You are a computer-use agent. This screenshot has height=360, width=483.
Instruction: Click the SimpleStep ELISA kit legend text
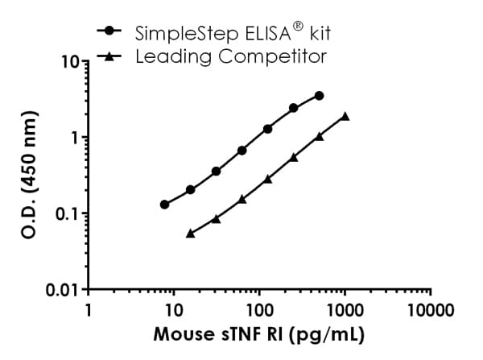pos(229,33)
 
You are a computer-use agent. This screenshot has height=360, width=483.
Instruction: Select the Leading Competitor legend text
pos(232,57)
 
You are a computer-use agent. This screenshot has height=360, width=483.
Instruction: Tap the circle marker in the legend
pos(109,31)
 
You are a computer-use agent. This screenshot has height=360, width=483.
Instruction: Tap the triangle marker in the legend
pos(109,56)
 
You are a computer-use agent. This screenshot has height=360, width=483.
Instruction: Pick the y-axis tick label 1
pos(75,138)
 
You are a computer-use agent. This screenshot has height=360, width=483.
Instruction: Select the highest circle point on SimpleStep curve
pos(320,96)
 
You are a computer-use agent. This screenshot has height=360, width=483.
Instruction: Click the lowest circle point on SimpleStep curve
pos(165,205)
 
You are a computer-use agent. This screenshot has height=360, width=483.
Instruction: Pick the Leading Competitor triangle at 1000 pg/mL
pos(345,116)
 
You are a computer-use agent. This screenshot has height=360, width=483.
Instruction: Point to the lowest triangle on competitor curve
pos(191,233)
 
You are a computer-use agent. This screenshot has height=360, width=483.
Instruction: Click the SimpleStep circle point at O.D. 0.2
pos(191,190)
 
